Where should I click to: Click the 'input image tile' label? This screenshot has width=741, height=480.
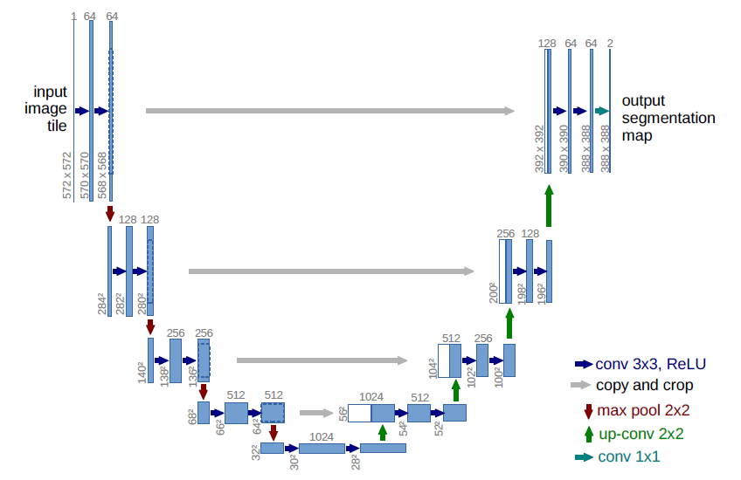click(x=51, y=108)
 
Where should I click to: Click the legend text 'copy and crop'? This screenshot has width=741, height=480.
click(x=645, y=386)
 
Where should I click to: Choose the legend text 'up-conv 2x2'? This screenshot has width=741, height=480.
click(x=641, y=434)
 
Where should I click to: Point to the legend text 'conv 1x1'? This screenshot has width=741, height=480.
click(x=629, y=456)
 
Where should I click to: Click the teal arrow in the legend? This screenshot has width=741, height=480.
click(x=583, y=456)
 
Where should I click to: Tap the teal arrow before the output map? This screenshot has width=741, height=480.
click(x=601, y=111)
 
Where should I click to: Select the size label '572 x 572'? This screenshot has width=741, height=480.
click(x=67, y=175)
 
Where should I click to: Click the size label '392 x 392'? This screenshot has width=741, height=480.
click(x=539, y=147)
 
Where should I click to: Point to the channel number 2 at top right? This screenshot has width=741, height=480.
click(x=610, y=43)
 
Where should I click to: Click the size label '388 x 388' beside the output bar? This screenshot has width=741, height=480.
click(x=606, y=147)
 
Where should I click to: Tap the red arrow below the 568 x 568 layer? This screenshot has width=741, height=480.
click(x=110, y=213)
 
